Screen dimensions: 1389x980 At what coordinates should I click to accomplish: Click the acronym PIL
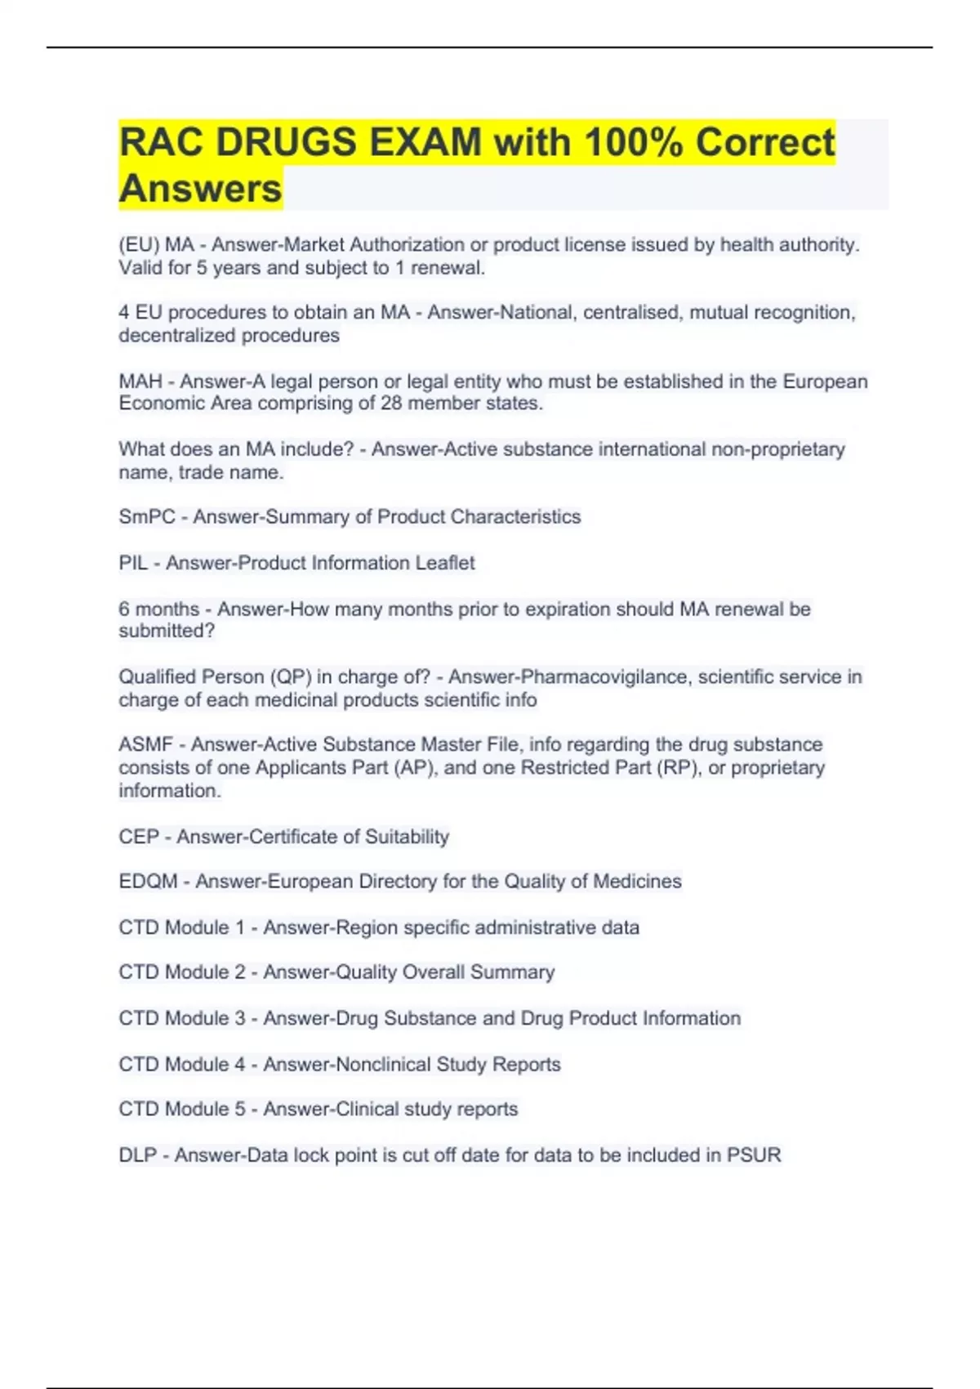pos(133,563)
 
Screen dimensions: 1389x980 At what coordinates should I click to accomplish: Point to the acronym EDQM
pos(148,882)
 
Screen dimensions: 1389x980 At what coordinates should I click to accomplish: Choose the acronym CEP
pos(139,837)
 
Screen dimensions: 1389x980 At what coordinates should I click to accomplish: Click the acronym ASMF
pos(146,744)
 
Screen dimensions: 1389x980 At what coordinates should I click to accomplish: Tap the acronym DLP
pos(137,1155)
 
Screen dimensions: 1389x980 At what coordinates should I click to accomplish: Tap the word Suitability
pos(407,837)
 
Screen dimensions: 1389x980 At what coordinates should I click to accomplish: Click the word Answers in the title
pos(200,189)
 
